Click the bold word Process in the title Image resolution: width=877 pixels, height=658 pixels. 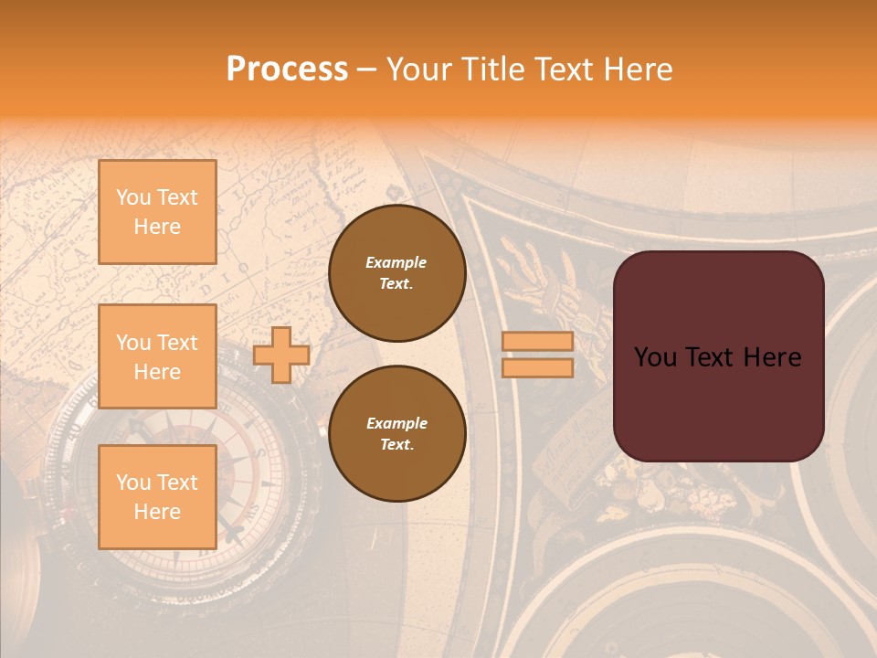[x=287, y=69]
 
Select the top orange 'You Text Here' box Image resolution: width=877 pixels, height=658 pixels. [x=157, y=212]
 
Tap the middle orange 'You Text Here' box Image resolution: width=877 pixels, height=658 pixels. [x=157, y=356]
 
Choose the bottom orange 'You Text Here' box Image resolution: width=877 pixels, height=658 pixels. [x=157, y=496]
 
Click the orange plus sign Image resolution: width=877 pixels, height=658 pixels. [x=281, y=354]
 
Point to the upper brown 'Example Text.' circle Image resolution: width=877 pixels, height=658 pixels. [x=396, y=272]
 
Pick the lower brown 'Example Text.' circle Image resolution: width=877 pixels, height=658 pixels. [x=396, y=433]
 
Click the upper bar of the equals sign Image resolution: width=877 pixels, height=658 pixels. [x=537, y=342]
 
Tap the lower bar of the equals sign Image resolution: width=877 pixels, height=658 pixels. [x=537, y=367]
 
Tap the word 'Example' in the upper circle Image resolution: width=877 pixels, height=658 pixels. [x=396, y=262]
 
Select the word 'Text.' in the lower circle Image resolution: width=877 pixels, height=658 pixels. [x=396, y=444]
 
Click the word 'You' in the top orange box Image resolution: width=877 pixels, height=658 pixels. [x=132, y=197]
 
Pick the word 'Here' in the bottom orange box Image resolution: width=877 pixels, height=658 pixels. [x=157, y=512]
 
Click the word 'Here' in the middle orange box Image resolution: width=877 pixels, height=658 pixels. [x=157, y=372]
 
